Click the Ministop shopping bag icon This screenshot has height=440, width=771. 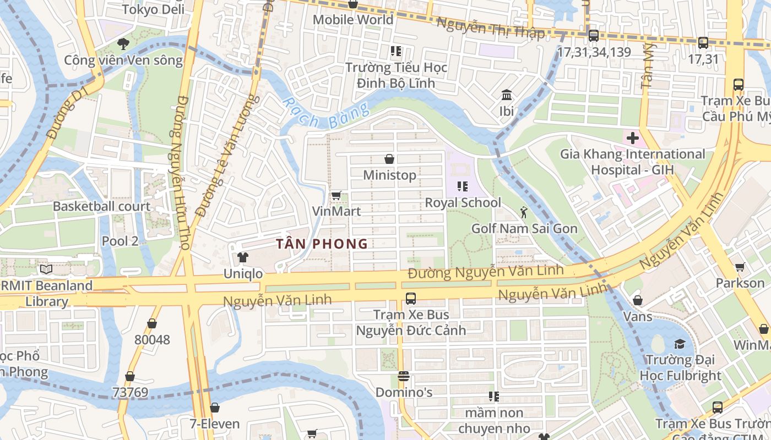pyautogui.click(x=389, y=159)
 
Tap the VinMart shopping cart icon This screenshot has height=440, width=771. pyautogui.click(x=336, y=195)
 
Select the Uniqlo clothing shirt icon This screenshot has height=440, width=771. pyautogui.click(x=243, y=257)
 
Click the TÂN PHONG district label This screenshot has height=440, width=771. pyautogui.click(x=322, y=244)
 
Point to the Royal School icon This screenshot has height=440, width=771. pyautogui.click(x=463, y=186)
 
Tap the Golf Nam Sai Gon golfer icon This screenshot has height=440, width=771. pyautogui.click(x=524, y=212)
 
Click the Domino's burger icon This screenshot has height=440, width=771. pyautogui.click(x=404, y=377)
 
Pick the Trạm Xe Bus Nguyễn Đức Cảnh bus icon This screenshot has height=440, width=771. pyautogui.click(x=411, y=299)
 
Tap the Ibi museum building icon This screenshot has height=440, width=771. pyautogui.click(x=506, y=95)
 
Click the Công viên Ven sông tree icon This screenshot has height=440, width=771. pyautogui.click(x=123, y=43)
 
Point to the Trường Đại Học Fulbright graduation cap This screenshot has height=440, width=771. pyautogui.click(x=679, y=344)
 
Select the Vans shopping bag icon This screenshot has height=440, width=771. pyautogui.click(x=638, y=300)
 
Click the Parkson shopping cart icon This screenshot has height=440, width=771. pyautogui.click(x=740, y=267)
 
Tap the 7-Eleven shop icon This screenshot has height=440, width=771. pyautogui.click(x=215, y=408)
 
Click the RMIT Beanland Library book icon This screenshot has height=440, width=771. pyautogui.click(x=46, y=269)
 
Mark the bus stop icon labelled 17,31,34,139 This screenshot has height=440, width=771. pyautogui.click(x=593, y=36)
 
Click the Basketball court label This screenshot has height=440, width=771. pyautogui.click(x=101, y=206)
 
